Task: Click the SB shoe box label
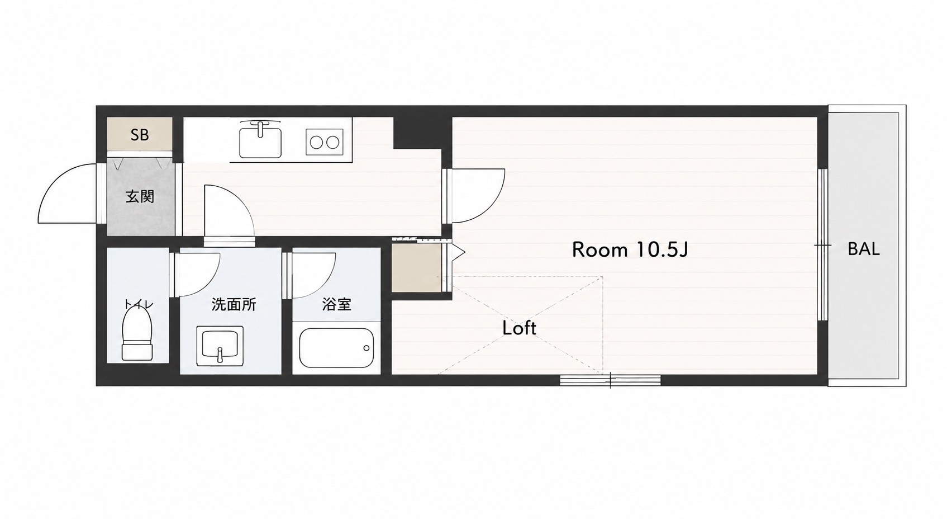[x=140, y=135]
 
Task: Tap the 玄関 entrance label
[x=140, y=196]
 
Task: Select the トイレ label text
[x=138, y=304]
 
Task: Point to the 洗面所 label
[x=234, y=304]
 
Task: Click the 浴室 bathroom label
[x=336, y=304]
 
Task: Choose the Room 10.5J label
[x=630, y=250]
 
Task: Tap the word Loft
[x=519, y=328]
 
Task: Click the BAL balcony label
[x=864, y=249]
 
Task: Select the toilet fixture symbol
[x=137, y=334]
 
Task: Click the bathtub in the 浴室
[x=336, y=348]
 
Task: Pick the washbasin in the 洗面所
[x=220, y=346]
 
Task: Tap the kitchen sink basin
[x=260, y=140]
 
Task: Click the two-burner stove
[x=324, y=142]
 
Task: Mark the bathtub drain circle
[x=366, y=348]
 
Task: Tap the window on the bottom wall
[x=610, y=380]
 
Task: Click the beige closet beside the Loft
[x=416, y=268]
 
